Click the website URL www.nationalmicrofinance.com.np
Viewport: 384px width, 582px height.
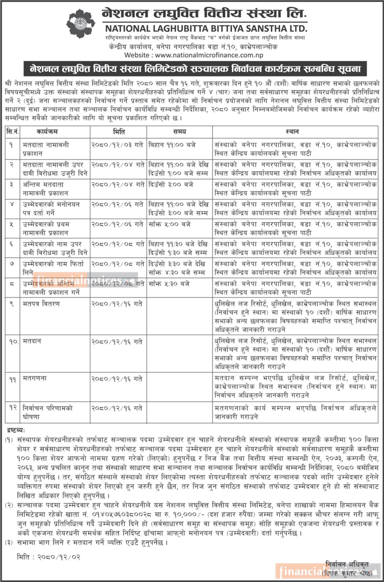pos(209,55)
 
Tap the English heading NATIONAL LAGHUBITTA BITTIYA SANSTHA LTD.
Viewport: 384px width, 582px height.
pos(206,28)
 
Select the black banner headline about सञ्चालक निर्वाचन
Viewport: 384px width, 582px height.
pos(195,69)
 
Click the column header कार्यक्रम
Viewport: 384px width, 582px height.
pos(47,132)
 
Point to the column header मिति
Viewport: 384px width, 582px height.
pos(118,132)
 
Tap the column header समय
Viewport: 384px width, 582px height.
pos(180,132)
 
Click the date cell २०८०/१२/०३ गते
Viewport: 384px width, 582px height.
pos(117,145)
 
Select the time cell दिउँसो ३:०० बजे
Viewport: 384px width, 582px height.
pos(171,185)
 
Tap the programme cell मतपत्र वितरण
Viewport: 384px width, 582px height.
pos(41,304)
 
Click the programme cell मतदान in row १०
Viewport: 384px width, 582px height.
pos(32,341)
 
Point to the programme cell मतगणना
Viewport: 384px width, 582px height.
pos(35,378)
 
